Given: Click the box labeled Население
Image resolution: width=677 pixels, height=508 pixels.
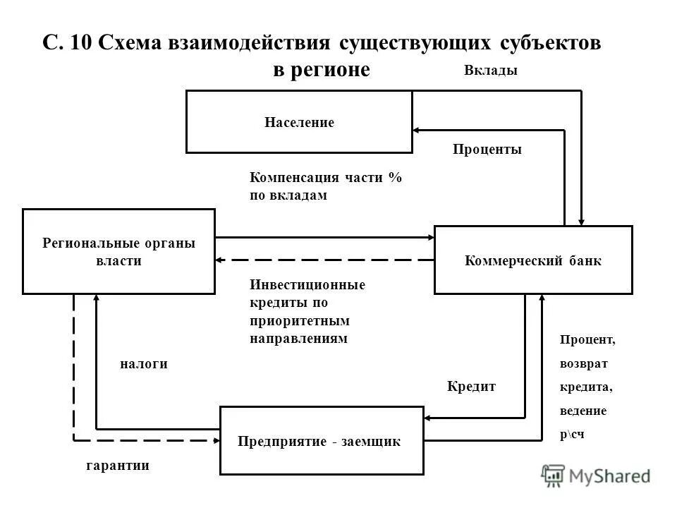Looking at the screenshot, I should [299, 122].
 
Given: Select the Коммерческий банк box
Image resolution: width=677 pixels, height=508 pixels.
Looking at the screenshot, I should [533, 260].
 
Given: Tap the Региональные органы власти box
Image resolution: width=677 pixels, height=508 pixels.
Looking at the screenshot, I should [118, 251].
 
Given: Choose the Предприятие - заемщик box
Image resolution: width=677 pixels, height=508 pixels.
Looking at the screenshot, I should [322, 441].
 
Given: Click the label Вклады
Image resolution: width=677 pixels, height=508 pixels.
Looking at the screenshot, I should [491, 71].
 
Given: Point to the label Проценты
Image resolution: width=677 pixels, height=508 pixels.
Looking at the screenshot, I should [487, 150].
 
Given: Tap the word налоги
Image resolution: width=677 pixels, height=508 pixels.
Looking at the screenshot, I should [144, 364].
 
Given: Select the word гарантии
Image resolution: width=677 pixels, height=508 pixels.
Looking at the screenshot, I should [118, 466].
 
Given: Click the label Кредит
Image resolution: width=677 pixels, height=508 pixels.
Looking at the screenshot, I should [472, 387].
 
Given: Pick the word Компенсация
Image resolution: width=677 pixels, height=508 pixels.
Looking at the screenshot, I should [291, 178].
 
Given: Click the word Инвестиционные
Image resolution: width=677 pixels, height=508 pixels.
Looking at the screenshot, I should [307, 285].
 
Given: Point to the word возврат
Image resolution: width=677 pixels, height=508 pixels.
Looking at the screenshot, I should [583, 363].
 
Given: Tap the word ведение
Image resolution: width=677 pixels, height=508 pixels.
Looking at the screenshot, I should [583, 411].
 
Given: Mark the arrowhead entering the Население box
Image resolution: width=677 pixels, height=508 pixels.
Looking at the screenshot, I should [417, 130].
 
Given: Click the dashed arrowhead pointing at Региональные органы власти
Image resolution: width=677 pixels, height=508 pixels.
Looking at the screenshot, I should [220, 260].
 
